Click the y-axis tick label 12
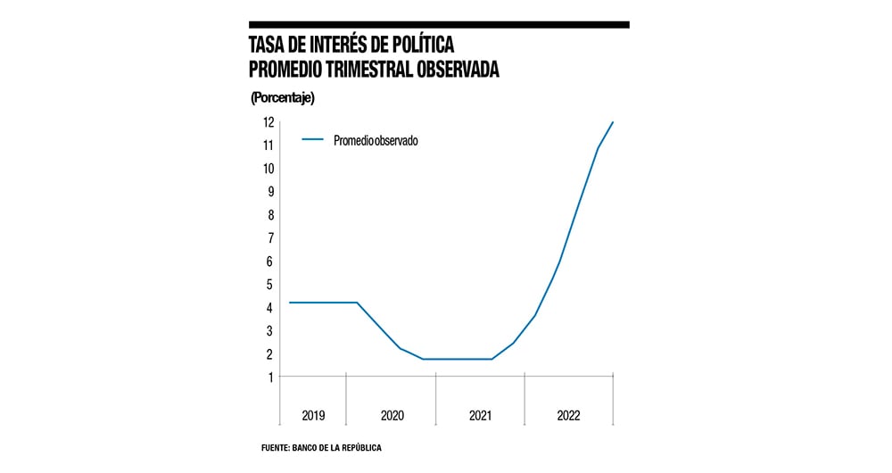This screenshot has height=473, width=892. click(267, 122)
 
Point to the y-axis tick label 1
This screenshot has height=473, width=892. click(268, 378)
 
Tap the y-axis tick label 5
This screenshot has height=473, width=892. click(268, 285)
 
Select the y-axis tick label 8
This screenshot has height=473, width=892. click(268, 215)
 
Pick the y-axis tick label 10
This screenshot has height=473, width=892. click(267, 169)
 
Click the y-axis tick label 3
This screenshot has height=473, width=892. click(268, 331)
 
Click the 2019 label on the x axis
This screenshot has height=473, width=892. click(313, 416)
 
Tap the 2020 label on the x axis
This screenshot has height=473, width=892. click(392, 416)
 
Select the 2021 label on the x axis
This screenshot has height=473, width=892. click(480, 416)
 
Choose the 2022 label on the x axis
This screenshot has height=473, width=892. click(568, 416)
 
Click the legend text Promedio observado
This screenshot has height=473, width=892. click(376, 140)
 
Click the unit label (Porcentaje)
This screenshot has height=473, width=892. click(283, 96)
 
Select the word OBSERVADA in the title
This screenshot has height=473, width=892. click(465, 68)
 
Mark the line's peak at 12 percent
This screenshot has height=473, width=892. click(613, 122)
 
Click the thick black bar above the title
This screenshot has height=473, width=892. click(439, 25)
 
